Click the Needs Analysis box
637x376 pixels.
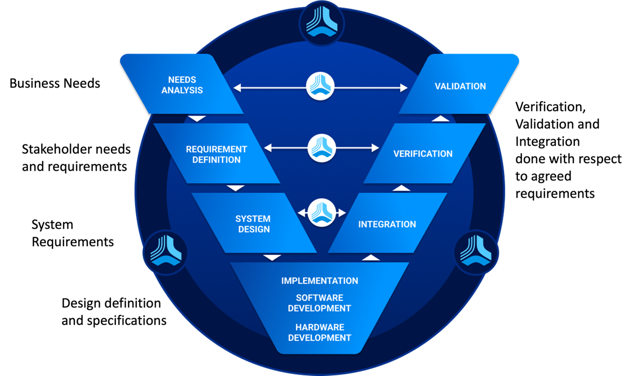click(x=182, y=85)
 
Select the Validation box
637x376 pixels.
click(x=460, y=86)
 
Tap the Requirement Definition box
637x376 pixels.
click(x=216, y=154)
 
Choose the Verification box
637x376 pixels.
click(x=423, y=154)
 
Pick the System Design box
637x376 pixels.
click(x=253, y=223)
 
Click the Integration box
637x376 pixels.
click(x=387, y=224)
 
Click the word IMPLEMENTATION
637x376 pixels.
click(x=319, y=281)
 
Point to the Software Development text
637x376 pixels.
click(x=319, y=303)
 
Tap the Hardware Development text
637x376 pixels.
click(x=319, y=332)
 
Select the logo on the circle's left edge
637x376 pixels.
click(x=165, y=252)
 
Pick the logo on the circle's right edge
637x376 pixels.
click(x=476, y=252)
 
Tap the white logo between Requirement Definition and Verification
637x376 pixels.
click(x=321, y=148)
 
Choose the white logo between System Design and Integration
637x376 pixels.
click(x=321, y=213)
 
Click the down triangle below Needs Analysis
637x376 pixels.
click(x=197, y=119)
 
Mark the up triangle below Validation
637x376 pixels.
click(x=441, y=118)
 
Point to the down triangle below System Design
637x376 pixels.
click(x=272, y=258)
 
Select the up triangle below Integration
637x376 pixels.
click(x=371, y=258)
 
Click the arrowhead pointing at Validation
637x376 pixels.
click(x=404, y=88)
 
